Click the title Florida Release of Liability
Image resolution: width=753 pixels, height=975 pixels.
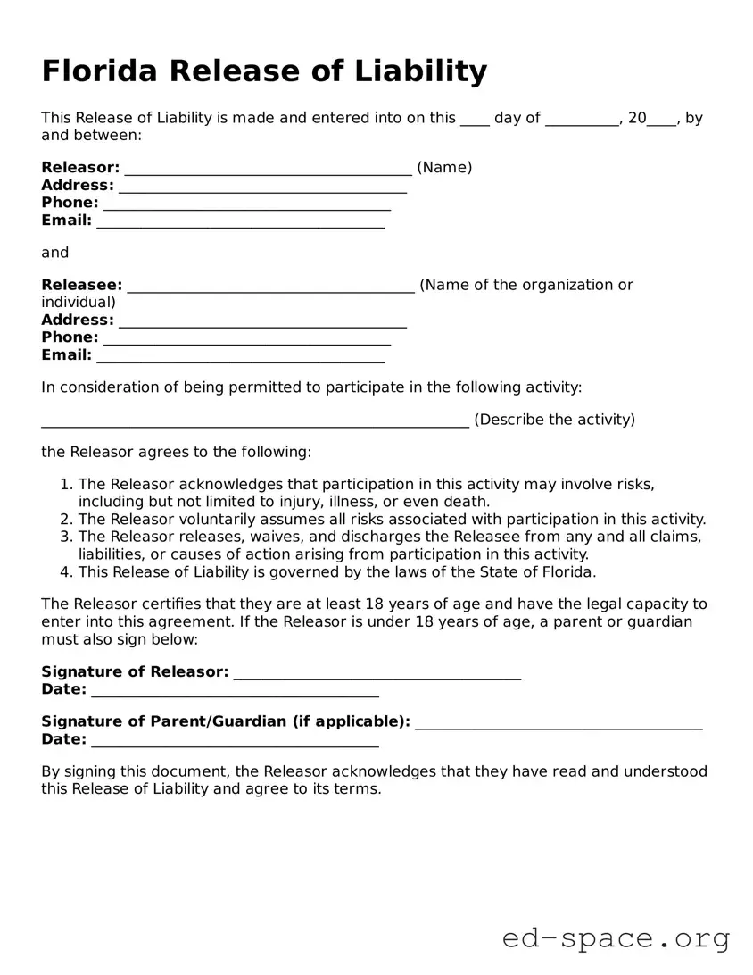click(264, 71)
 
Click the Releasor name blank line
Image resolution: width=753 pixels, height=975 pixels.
click(268, 170)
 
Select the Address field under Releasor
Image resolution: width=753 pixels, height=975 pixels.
click(262, 187)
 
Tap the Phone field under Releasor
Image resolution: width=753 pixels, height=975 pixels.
click(247, 204)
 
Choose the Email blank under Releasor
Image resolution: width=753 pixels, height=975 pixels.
click(240, 222)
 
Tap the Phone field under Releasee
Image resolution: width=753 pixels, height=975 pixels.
click(247, 339)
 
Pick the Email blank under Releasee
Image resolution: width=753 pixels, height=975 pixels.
click(240, 357)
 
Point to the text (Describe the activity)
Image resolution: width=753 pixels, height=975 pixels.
click(554, 420)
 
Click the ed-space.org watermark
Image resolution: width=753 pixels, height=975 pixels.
click(616, 938)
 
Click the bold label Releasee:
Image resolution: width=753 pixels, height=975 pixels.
click(81, 286)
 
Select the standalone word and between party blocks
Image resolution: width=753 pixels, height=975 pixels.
click(54, 253)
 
